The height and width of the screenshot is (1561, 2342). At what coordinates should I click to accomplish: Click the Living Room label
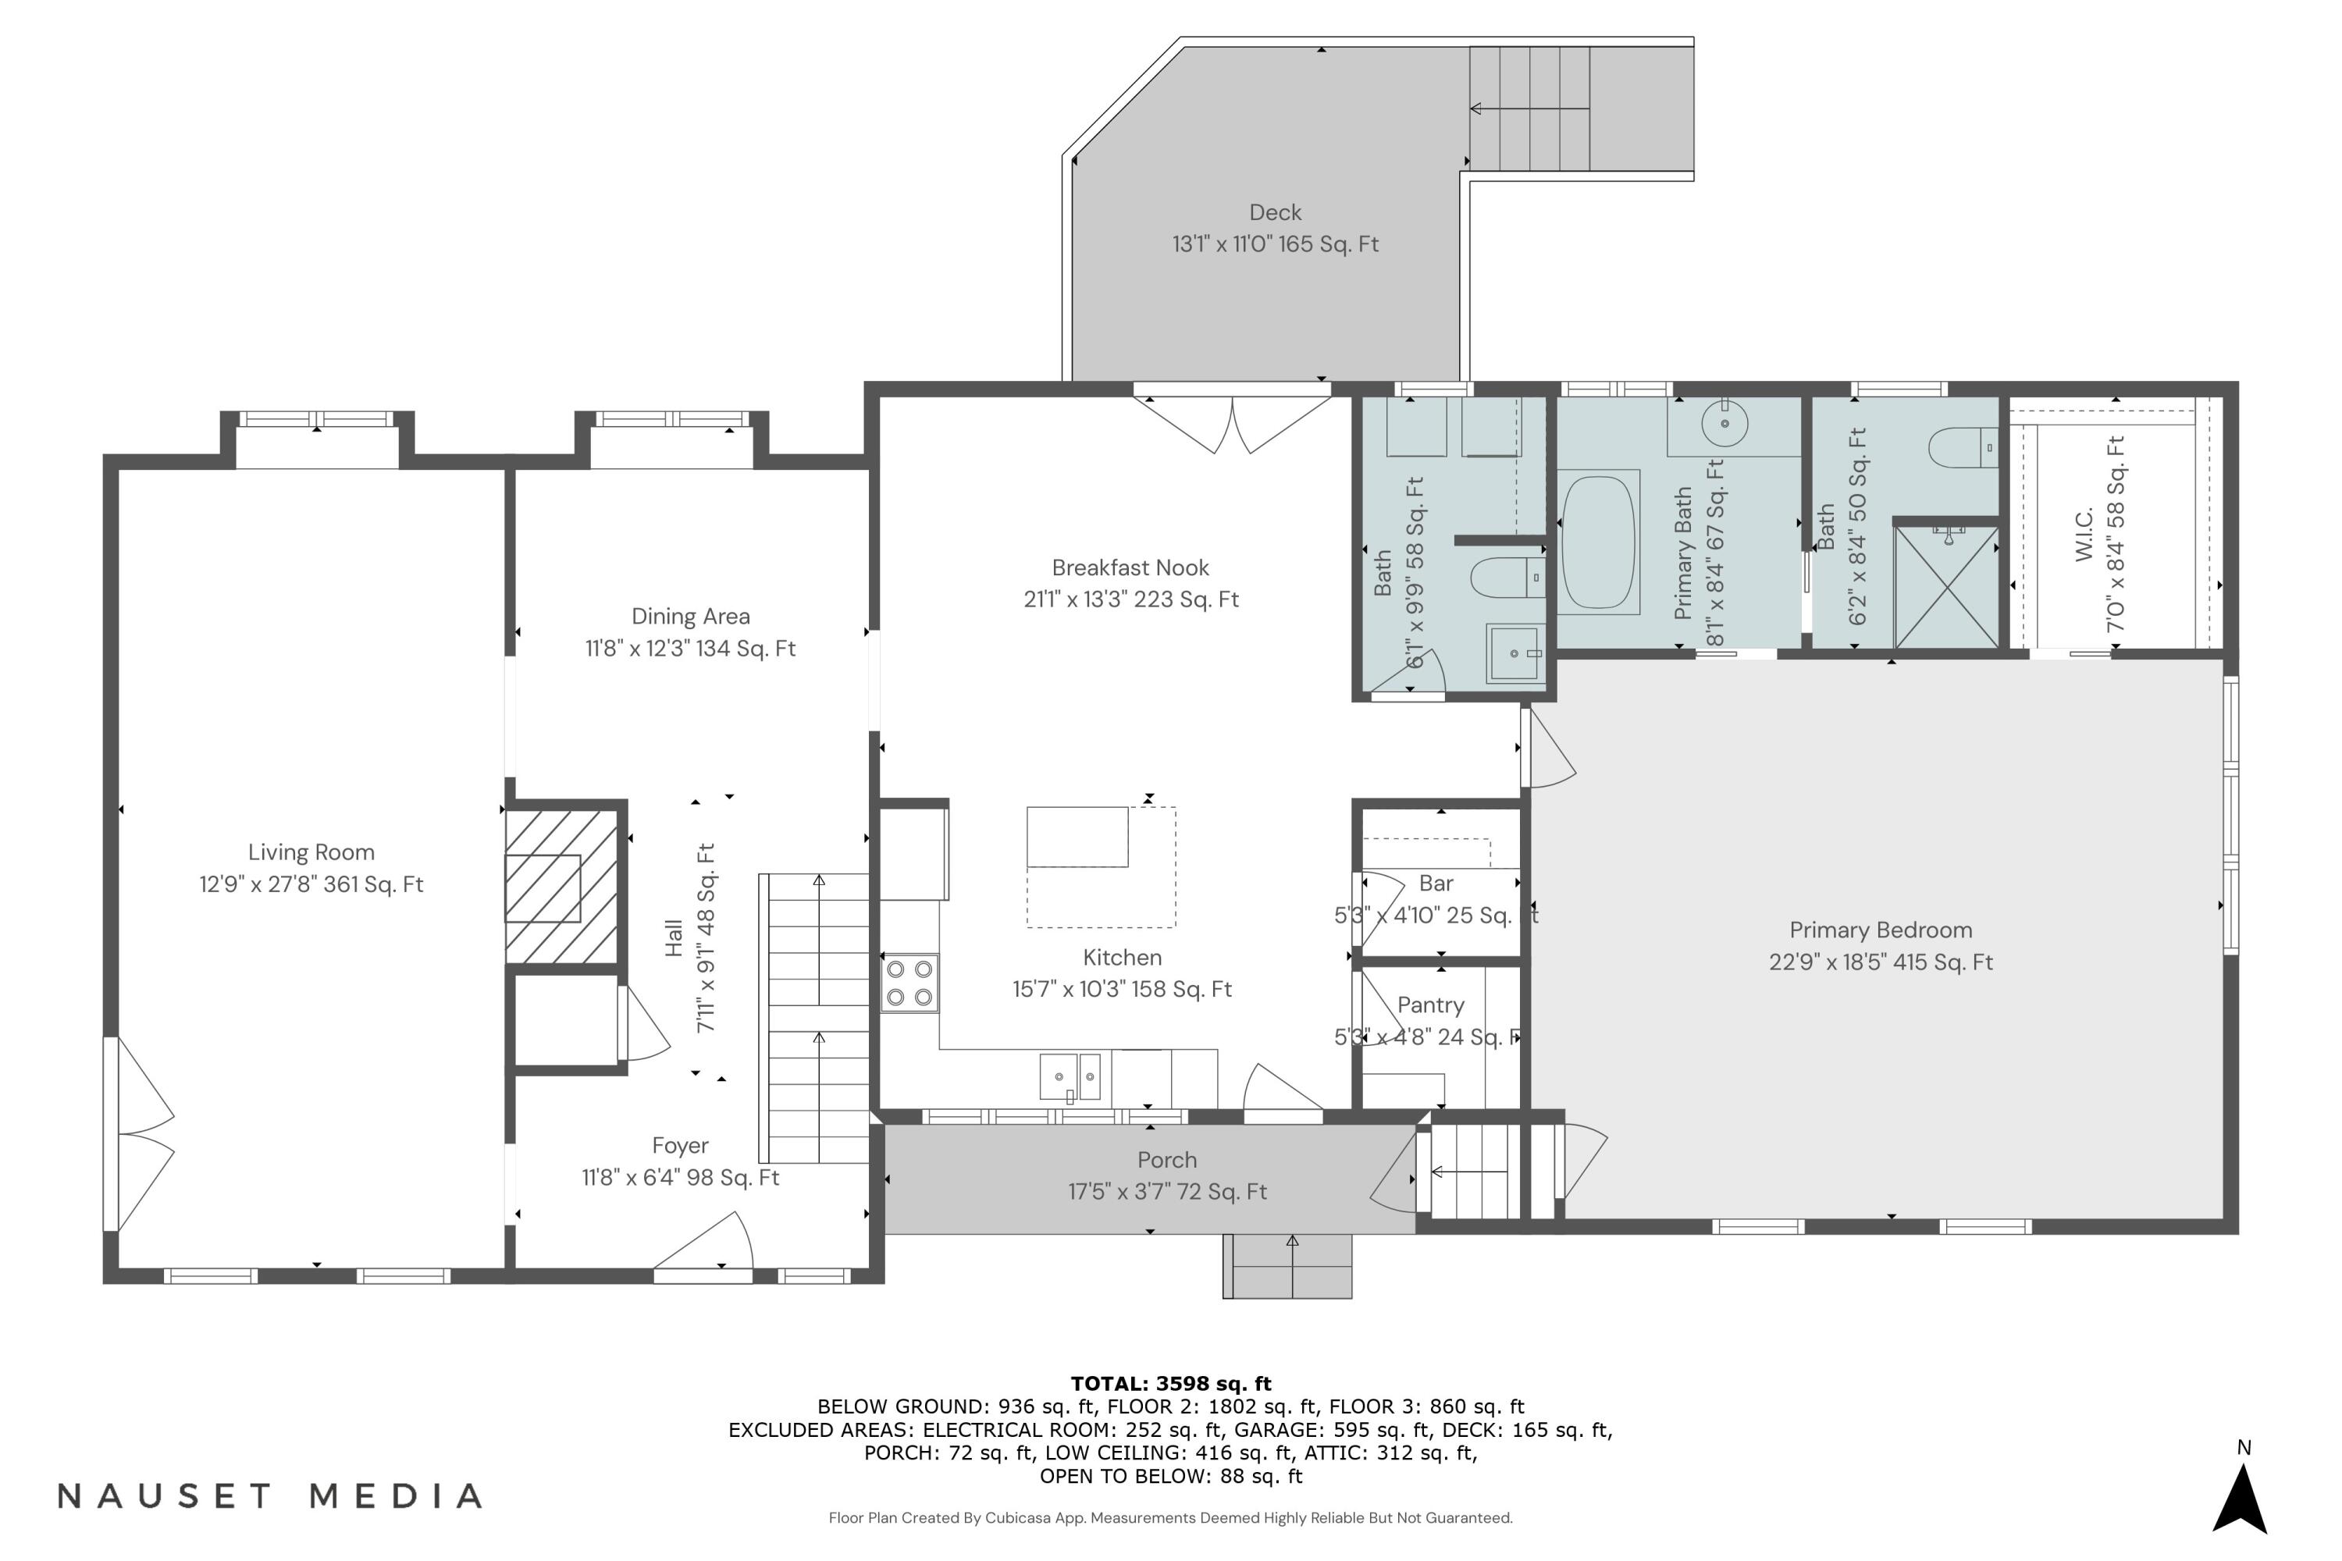[311, 853]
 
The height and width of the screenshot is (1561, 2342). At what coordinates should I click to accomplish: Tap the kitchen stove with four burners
[909, 983]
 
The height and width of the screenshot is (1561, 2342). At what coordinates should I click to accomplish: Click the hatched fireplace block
[561, 887]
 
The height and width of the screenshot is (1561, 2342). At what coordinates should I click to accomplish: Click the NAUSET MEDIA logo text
[271, 1496]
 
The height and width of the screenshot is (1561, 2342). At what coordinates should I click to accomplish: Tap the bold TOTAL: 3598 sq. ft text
[1171, 1384]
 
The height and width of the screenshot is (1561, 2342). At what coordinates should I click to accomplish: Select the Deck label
[1276, 213]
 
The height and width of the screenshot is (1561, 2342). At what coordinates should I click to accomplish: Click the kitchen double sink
[1070, 1077]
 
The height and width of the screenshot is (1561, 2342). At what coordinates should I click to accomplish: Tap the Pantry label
[1431, 1005]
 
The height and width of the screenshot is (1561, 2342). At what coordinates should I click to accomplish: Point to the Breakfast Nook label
[1131, 568]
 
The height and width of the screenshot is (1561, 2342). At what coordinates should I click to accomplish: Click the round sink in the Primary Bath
[1724, 424]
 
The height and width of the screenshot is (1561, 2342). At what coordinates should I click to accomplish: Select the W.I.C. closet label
[2085, 534]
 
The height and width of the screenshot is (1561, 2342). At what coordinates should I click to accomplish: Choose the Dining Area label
[691, 617]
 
